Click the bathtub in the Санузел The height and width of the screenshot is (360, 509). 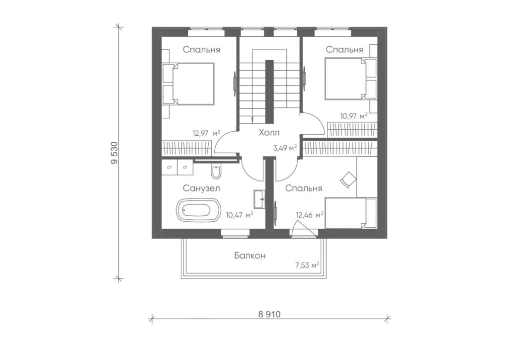(199, 211)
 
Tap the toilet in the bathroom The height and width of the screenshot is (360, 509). (216, 172)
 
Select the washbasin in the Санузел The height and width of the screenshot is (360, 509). (259, 199)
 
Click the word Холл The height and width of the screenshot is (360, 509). (269, 132)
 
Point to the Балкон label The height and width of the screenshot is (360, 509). (250, 256)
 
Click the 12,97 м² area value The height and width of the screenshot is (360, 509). (206, 133)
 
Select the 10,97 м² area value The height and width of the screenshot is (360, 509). (354, 116)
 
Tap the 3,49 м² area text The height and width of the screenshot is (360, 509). (285, 148)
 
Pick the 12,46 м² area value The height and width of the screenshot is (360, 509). (310, 215)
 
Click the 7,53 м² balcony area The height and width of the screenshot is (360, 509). (307, 265)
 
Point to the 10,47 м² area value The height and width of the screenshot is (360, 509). (240, 215)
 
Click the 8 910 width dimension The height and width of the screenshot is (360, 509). (269, 314)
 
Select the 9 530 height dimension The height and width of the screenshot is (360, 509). (114, 153)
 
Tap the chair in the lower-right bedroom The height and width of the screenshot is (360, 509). (348, 179)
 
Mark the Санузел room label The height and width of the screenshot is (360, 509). (201, 188)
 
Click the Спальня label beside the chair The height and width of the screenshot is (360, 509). (304, 188)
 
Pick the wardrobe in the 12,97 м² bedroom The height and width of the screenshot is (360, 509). (187, 147)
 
